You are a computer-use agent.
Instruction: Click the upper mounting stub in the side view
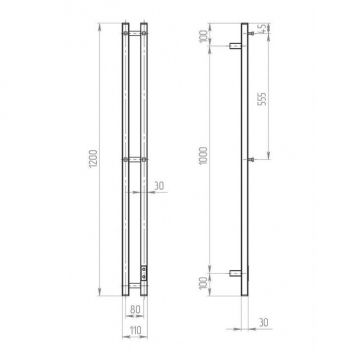click(x=238, y=46)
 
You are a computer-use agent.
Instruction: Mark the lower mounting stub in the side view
click(x=238, y=273)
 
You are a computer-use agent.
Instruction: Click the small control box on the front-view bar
click(x=147, y=270)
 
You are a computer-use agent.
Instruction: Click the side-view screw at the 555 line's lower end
click(x=251, y=159)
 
